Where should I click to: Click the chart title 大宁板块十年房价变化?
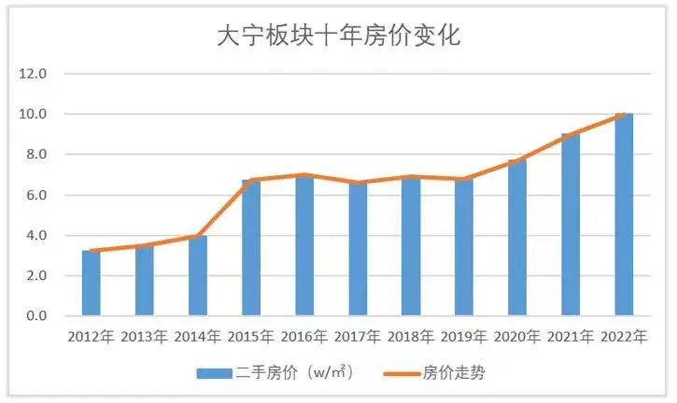tap(338, 35)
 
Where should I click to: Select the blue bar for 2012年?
tap(91, 283)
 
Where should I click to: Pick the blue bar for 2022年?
tap(624, 215)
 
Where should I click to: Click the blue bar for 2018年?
tap(411, 246)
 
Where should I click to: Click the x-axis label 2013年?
tap(144, 336)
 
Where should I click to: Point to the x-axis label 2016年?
tap(303, 336)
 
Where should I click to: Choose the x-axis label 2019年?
tap(464, 336)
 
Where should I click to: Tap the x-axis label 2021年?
tap(571, 336)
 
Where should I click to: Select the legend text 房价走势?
tap(455, 373)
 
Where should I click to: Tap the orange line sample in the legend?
tap(402, 373)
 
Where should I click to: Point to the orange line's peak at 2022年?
tap(624, 115)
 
